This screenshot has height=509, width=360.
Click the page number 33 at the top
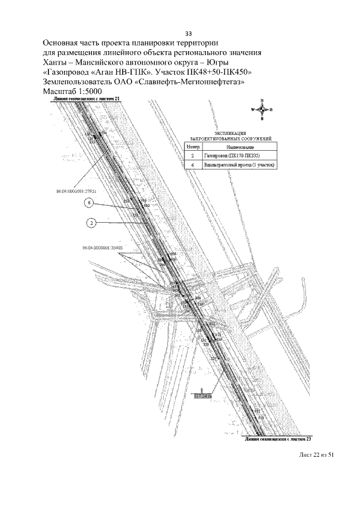pos(188,33)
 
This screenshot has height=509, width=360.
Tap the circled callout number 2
pos(91,223)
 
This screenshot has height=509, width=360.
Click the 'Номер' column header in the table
pos(192,146)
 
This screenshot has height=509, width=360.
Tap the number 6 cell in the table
pos(192,165)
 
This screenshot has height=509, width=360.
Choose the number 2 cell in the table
pos(192,155)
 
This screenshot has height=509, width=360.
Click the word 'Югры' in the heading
pos(215,62)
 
